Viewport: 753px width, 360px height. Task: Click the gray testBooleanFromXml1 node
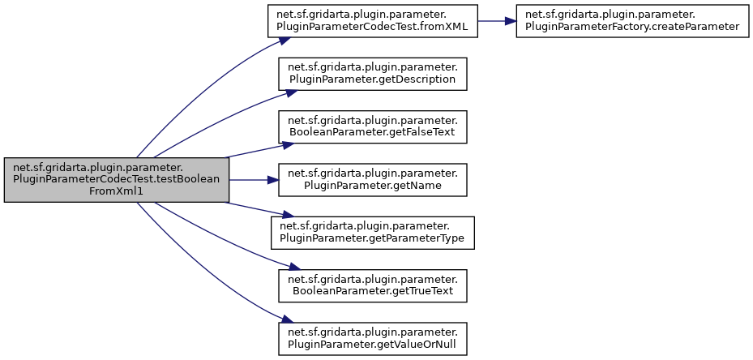117,179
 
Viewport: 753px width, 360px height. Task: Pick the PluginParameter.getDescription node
373,74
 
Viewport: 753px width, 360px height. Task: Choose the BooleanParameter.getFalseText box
373,126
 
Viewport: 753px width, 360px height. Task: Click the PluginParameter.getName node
373,179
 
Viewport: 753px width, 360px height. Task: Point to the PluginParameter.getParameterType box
373,233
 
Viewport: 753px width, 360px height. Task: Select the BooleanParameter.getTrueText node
373,285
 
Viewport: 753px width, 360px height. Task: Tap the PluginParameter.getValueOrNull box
373,338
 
